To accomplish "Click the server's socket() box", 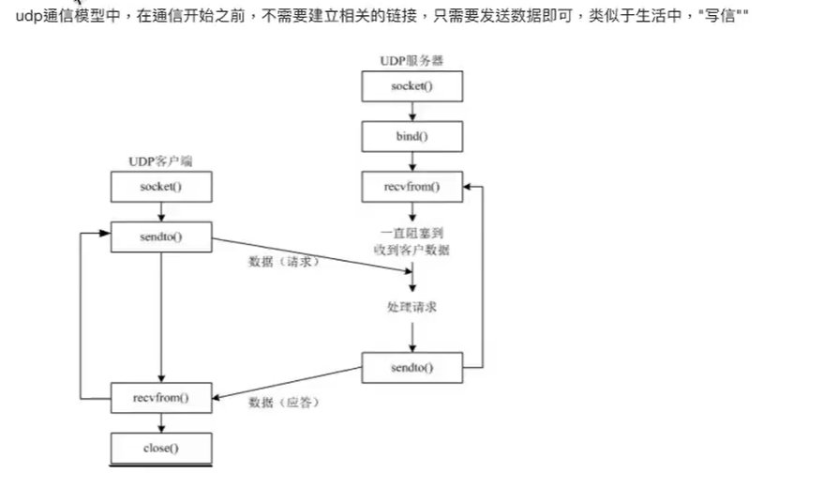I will click(411, 86).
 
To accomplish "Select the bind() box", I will click(411, 136).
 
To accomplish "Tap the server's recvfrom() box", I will click(411, 187).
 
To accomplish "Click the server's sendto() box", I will click(411, 367).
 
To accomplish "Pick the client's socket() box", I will click(161, 186).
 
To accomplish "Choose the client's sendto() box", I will click(161, 237).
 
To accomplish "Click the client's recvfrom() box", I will click(161, 397).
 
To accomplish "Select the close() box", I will click(161, 448).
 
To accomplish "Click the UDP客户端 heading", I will click(160, 161).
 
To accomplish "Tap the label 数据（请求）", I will click(284, 262).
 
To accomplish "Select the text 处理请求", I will click(411, 307).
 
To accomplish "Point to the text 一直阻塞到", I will click(411, 232).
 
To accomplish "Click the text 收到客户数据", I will click(411, 249).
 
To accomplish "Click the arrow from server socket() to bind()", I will click(411, 112).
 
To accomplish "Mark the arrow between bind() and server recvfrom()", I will click(411, 161).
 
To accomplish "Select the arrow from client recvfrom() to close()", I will click(161, 422).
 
